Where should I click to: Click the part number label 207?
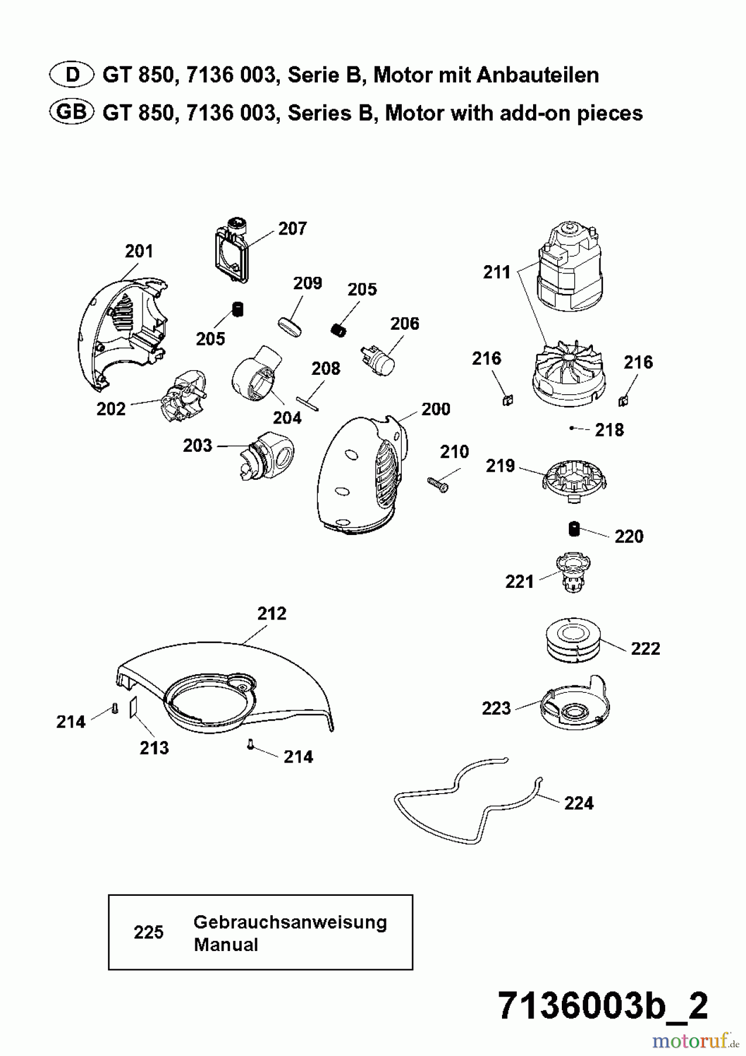pyautogui.click(x=292, y=228)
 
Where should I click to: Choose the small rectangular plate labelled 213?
pyautogui.click(x=133, y=706)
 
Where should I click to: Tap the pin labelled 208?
pyautogui.click(x=308, y=404)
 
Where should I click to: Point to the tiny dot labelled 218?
pyautogui.click(x=571, y=428)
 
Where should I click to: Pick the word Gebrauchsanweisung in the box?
pyautogui.click(x=290, y=922)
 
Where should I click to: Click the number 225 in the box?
pyautogui.click(x=148, y=932)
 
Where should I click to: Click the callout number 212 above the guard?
pyautogui.click(x=272, y=613)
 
